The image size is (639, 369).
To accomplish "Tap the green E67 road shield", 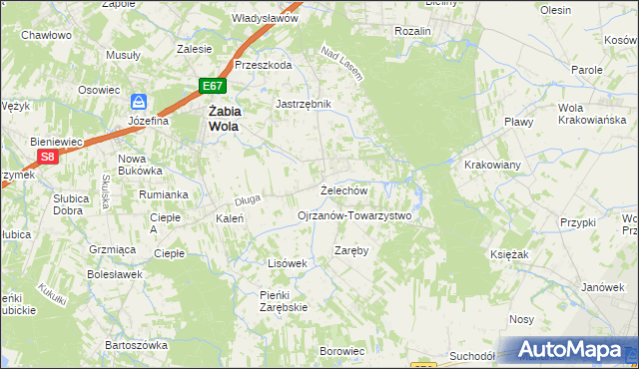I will [211, 86].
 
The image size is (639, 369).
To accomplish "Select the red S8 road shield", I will [47, 157].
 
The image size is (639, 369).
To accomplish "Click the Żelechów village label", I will [344, 189].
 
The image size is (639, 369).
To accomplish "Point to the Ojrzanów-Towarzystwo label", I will [354, 214].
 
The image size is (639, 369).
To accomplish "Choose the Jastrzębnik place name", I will [303, 103].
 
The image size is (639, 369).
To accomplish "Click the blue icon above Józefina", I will [140, 102].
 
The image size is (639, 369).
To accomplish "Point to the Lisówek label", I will [287, 262].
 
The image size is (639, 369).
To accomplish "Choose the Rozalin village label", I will [412, 31].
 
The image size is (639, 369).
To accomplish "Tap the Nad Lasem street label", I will [341, 63].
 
